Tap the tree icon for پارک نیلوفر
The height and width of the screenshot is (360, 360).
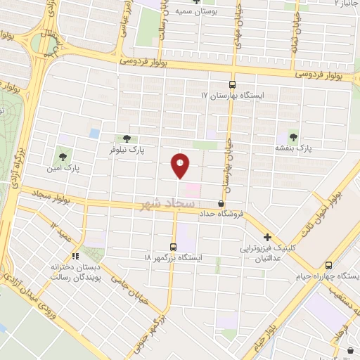[127, 139]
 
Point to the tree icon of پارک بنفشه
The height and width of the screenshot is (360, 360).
[292, 136]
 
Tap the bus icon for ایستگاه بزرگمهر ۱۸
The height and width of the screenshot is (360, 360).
[173, 246]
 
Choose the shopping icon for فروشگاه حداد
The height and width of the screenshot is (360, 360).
[221, 203]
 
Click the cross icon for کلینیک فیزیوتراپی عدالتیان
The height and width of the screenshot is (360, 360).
[267, 237]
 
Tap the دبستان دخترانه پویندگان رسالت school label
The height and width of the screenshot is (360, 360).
[78, 272]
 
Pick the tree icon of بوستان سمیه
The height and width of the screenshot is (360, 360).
[205, 1]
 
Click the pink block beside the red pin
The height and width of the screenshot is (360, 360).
[192, 188]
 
